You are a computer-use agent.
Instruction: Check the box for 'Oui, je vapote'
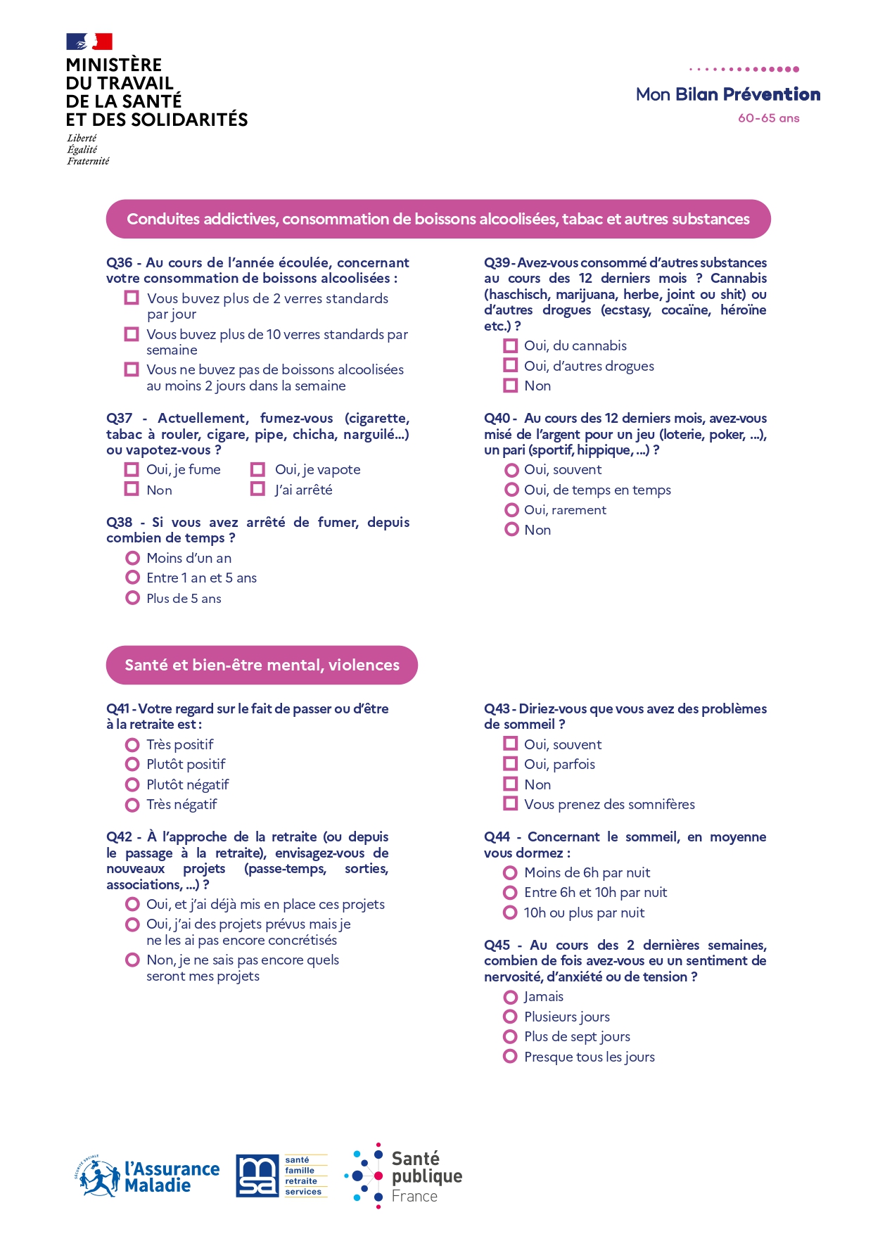click(258, 469)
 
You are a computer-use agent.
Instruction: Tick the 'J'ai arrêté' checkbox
click(258, 489)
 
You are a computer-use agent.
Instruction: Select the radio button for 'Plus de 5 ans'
click(132, 598)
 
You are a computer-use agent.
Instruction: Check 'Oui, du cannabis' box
click(511, 345)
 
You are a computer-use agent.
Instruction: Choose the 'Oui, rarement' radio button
click(511, 509)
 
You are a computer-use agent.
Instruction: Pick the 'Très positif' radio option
click(132, 744)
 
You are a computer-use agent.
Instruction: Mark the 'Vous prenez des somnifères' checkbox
click(511, 803)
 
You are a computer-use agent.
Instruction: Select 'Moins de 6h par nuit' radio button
click(511, 872)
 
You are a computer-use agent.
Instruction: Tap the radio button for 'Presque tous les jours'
click(511, 1056)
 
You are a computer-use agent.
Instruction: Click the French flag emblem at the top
click(89, 42)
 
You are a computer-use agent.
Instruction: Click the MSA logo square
click(257, 1176)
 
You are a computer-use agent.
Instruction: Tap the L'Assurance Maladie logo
click(148, 1176)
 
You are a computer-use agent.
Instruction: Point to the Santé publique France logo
click(404, 1176)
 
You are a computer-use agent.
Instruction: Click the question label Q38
click(120, 522)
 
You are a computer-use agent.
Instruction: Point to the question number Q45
click(497, 945)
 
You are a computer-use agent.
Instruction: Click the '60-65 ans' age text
click(768, 118)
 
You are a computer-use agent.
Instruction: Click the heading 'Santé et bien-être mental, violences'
click(262, 665)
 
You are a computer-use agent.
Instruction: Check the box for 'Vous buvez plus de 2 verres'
click(132, 298)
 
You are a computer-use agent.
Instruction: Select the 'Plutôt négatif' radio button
click(132, 784)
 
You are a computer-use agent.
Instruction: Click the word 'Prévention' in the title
click(772, 94)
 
